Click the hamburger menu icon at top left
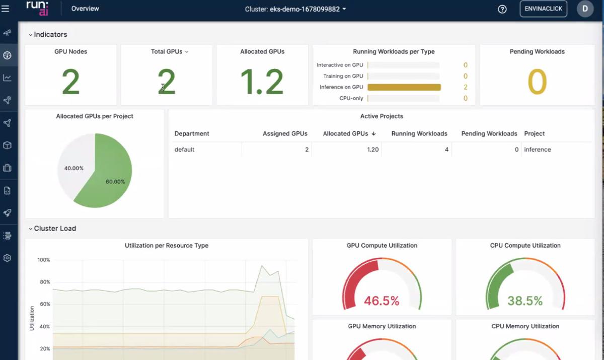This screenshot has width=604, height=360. (x=6, y=9)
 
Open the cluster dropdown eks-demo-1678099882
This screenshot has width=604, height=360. (x=295, y=9)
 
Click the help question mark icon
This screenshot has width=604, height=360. (x=502, y=9)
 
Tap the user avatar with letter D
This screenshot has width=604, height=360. (x=585, y=9)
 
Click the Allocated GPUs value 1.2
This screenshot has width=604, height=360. (x=262, y=82)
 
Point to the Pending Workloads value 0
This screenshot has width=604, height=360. (x=537, y=82)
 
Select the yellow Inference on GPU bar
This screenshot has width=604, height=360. (x=404, y=87)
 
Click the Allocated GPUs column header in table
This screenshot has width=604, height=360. (x=349, y=133)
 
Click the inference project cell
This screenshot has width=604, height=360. (x=538, y=150)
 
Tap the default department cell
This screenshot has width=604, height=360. (x=184, y=150)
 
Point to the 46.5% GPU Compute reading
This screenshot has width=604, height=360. (x=382, y=301)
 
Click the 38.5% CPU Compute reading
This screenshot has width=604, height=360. (x=525, y=301)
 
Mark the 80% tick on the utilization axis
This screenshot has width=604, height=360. (x=44, y=282)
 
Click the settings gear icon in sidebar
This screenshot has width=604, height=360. (x=7, y=258)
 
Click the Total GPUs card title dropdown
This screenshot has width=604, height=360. (x=169, y=51)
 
